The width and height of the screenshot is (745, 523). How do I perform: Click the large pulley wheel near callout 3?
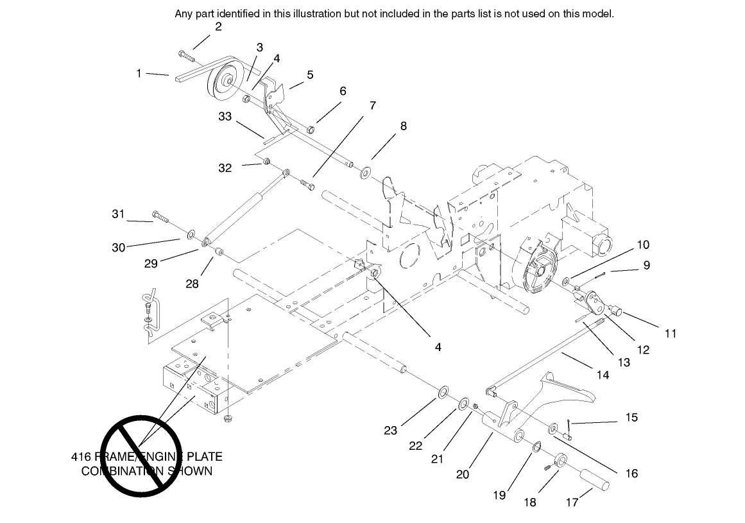tap(225, 83)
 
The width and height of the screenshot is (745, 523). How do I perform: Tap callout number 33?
tap(225, 116)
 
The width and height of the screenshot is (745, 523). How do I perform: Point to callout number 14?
tap(603, 375)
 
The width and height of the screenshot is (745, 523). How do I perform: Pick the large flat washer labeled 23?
tap(443, 391)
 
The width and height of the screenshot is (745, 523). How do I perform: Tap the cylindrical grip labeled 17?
tap(594, 479)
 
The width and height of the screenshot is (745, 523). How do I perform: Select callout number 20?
tap(463, 474)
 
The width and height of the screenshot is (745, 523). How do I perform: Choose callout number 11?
tap(671, 333)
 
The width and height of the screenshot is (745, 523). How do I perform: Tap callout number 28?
tap(192, 284)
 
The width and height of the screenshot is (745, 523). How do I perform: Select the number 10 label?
tap(643, 244)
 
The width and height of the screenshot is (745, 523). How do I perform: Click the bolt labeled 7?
tap(307, 185)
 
